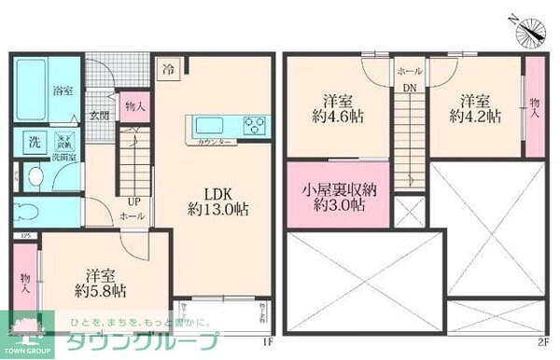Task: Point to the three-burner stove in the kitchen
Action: (x=254, y=124)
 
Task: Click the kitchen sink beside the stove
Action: (x=209, y=125)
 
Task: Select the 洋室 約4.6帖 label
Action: (x=337, y=107)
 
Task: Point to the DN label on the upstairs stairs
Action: (x=410, y=89)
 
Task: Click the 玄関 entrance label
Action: (x=100, y=117)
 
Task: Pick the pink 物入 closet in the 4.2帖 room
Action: (x=534, y=108)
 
